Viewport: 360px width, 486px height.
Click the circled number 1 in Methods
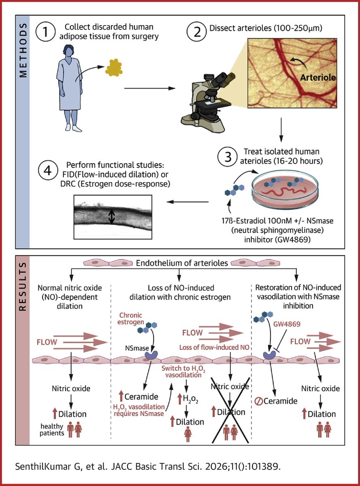47,32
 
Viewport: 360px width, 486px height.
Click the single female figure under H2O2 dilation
187,436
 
